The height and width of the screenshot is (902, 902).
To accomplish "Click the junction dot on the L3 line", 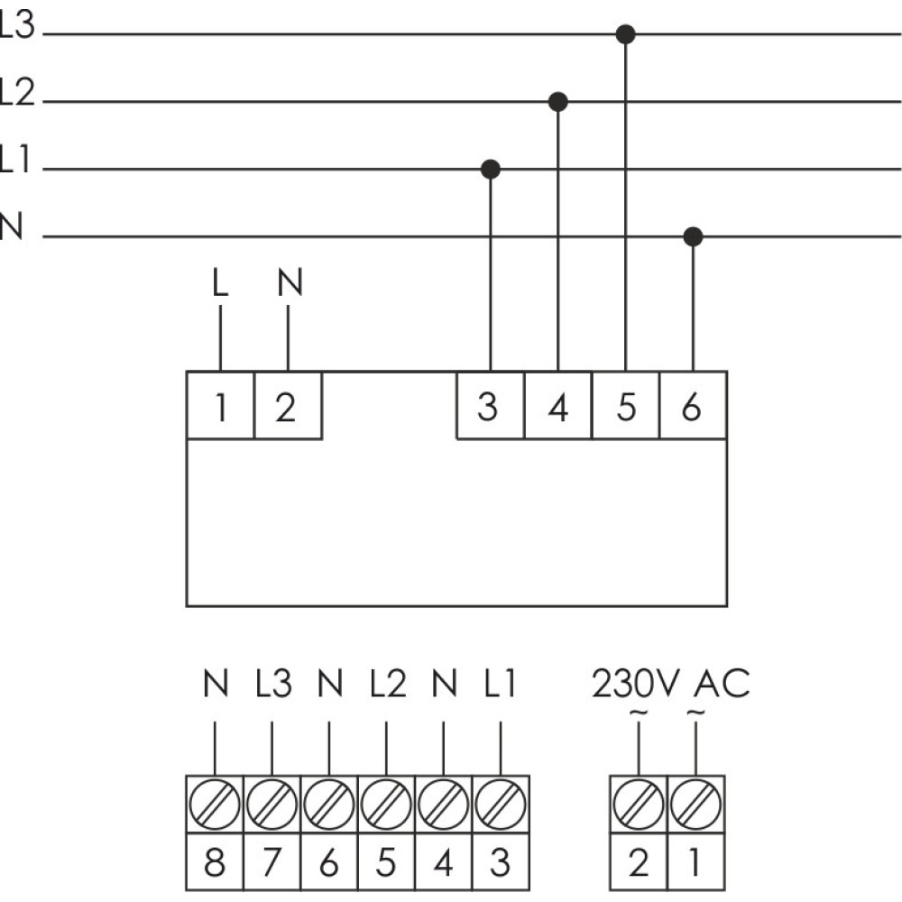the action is [625, 34].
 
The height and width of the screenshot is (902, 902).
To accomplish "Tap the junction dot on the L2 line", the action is [558, 102].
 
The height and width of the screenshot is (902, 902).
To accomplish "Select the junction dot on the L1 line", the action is [490, 170].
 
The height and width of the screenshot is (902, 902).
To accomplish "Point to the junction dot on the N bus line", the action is [693, 236].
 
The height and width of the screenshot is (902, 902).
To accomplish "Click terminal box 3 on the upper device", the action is [490, 406].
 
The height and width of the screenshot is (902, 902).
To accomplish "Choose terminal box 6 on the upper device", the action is [693, 406].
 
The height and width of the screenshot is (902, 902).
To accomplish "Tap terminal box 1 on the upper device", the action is [220, 406].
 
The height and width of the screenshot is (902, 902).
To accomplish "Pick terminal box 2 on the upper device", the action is [288, 406].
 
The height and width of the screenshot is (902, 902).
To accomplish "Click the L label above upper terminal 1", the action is [220, 283].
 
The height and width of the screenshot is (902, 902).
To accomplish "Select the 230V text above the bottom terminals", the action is [636, 684].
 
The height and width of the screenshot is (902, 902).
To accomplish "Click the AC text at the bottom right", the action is [722, 684].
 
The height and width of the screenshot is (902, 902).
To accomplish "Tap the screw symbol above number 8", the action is [215, 805].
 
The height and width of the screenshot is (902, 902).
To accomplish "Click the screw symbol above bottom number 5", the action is [386, 805].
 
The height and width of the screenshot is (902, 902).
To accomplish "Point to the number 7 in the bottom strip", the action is [272, 862].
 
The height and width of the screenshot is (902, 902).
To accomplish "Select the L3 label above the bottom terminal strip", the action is [273, 684].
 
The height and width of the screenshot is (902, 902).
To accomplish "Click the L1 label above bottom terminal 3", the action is [500, 684].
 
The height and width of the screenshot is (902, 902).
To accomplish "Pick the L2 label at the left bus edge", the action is [17, 92].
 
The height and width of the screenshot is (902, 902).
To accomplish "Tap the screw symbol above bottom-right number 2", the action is [639, 805].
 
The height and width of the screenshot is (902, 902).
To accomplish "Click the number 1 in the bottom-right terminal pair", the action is [695, 862].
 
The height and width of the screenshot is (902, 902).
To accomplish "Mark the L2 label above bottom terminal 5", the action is [388, 684].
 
